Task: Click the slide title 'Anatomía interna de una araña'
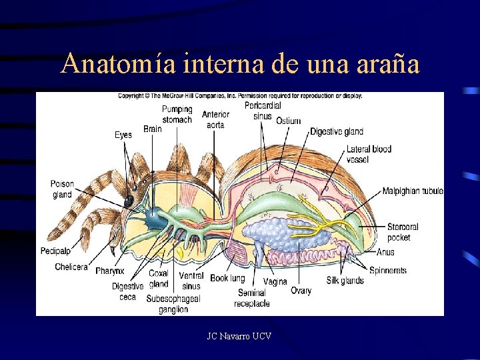pos(239,64)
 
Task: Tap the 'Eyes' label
pos(123,135)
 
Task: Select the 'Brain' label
pos(153,129)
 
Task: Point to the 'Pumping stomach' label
pos(177,114)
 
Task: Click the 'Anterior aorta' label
pos(215,119)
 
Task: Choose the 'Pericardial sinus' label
pos(263,111)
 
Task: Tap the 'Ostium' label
pos(289,121)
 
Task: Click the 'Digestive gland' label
pos(337,131)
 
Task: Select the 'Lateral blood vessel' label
pos(369,154)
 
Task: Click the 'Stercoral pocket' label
pos(403,232)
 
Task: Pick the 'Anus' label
pos(385,252)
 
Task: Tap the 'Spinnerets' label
pos(388,271)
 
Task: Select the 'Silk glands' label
pos(345,281)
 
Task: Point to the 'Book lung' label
pos(227,278)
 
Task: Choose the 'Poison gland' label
pos(62,189)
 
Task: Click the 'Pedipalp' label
pos(56,251)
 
